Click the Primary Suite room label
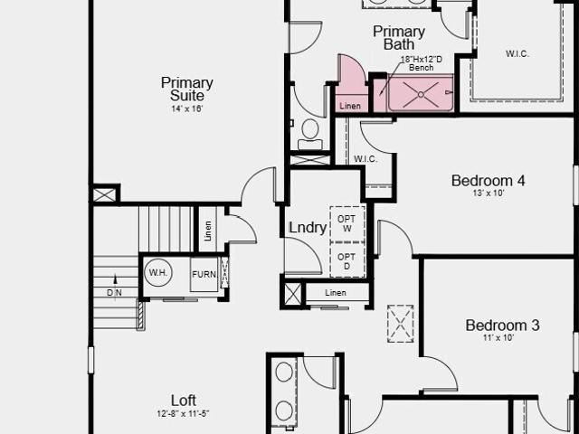(187, 89)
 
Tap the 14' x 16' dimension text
(187, 108)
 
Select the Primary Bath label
(399, 38)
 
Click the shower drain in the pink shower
(421, 94)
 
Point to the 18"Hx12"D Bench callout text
(422, 63)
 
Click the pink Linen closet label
(350, 107)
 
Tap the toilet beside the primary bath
(310, 134)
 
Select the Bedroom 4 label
(489, 181)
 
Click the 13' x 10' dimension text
(489, 193)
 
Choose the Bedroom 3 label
(502, 325)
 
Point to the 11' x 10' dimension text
(498, 337)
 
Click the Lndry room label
(308, 227)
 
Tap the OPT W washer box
(347, 224)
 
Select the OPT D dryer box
(347, 260)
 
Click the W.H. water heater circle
(158, 273)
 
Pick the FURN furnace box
(204, 275)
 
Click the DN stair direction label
(114, 293)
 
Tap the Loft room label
(184, 401)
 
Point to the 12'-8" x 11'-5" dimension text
(184, 414)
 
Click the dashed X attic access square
(401, 324)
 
